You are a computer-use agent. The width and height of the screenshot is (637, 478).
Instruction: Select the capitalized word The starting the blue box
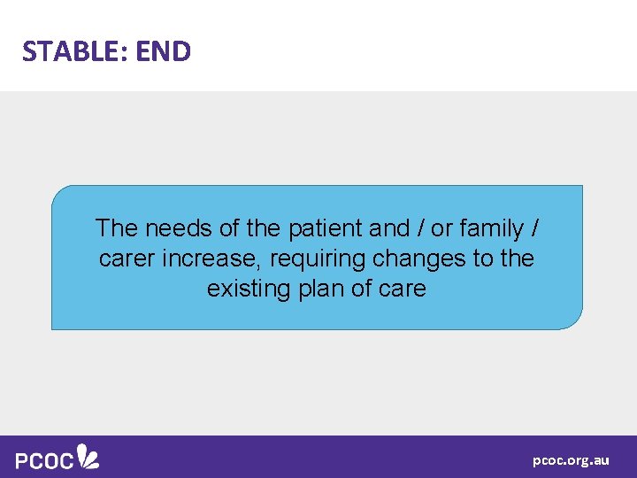click(117, 228)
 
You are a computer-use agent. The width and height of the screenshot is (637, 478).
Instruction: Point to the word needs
click(179, 228)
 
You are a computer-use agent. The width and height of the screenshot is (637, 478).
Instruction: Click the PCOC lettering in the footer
click(43, 459)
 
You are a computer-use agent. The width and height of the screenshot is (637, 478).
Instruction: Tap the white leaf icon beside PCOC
click(88, 456)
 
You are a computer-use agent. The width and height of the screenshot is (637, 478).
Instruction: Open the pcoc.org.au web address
click(571, 460)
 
